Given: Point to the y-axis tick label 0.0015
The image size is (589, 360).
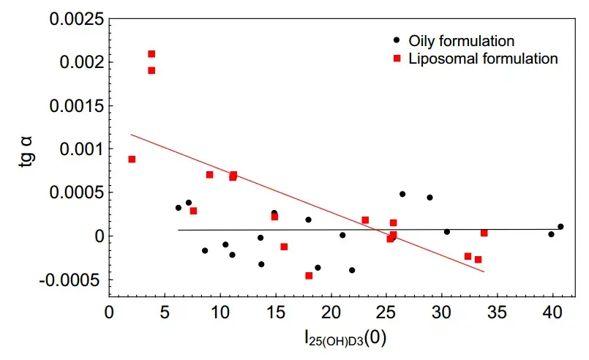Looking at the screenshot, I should pyautogui.click(x=75, y=105).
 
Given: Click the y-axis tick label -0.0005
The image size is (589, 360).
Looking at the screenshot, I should pyautogui.click(x=73, y=280).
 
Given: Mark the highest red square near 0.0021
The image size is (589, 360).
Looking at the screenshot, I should pyautogui.click(x=151, y=53).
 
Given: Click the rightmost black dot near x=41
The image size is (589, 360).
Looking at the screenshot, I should pyautogui.click(x=560, y=227).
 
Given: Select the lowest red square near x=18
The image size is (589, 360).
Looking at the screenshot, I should pyautogui.click(x=309, y=276).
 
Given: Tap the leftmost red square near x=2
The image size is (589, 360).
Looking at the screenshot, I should pyautogui.click(x=132, y=159).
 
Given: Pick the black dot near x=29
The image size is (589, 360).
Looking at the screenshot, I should pyautogui.click(x=429, y=198).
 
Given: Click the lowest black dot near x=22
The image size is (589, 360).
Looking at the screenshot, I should pyautogui.click(x=352, y=270).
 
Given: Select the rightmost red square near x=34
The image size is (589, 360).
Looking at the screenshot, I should pyautogui.click(x=484, y=233).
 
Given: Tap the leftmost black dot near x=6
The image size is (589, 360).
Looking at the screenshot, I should pyautogui.click(x=178, y=208).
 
